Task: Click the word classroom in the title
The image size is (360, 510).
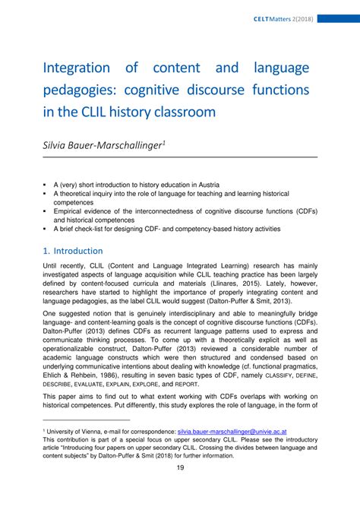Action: pyautogui.click(x=179, y=112)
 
